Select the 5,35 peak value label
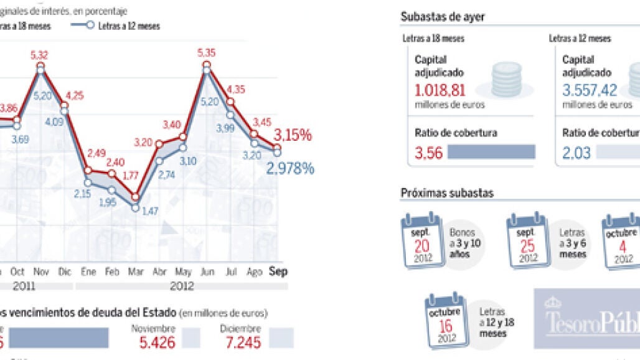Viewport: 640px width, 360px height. coord(206,54)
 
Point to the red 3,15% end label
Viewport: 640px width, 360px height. coord(293,135)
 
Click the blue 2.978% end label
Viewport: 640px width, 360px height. coord(290,168)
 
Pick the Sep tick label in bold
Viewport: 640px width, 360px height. coord(277,272)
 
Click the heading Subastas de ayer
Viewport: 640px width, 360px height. coord(443,17)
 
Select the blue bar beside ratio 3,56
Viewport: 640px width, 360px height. coord(491,152)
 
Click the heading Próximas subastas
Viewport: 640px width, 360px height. coord(447,193)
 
